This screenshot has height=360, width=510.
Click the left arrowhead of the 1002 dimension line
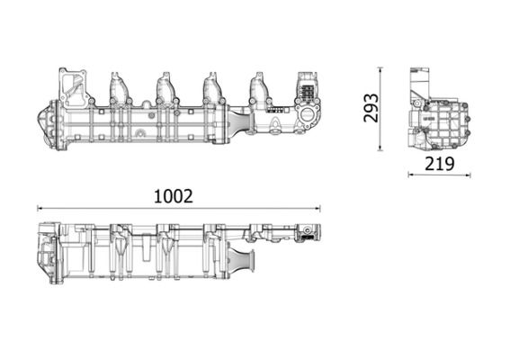point(39,209)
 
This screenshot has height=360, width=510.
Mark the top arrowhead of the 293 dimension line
point(380,68)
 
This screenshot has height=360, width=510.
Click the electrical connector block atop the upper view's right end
point(306,90)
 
